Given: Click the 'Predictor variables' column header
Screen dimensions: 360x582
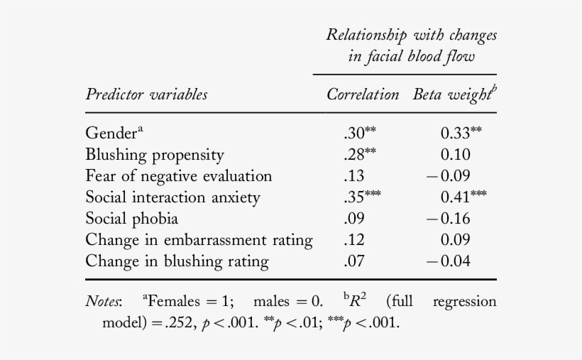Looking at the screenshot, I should (x=146, y=94).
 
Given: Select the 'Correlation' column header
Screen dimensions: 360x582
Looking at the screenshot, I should (x=362, y=94).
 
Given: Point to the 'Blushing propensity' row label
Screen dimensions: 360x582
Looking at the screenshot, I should (x=154, y=155).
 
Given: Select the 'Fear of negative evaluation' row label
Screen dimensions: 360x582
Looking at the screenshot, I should (x=178, y=176).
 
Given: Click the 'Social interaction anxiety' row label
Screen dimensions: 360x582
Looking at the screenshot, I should (x=172, y=197).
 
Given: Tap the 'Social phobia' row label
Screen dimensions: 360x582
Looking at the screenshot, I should (x=131, y=219).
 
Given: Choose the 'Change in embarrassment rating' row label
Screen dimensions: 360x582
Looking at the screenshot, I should (x=199, y=240).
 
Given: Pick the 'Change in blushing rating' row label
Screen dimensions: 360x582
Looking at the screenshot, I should (x=177, y=261).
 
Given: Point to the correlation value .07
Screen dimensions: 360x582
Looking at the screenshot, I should (x=353, y=261).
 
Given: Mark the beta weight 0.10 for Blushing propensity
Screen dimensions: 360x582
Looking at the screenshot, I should (x=455, y=155).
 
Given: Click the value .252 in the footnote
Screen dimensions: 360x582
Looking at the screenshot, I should (x=170, y=324).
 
